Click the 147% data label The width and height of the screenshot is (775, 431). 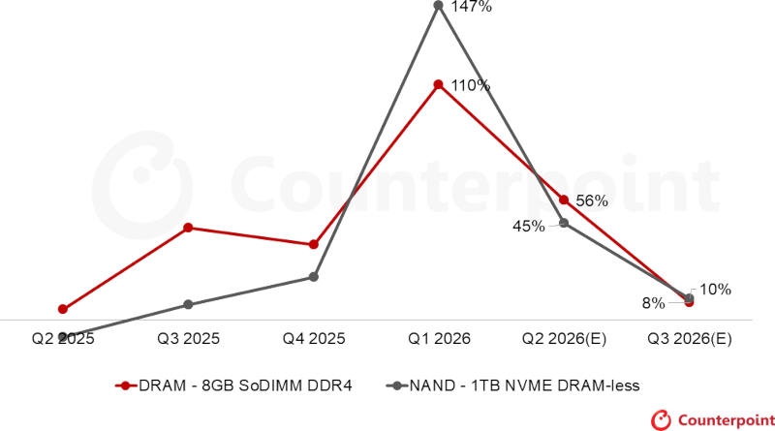472,8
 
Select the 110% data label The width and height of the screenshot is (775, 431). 471,85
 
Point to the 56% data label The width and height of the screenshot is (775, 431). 591,201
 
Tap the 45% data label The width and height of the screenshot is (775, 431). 528,226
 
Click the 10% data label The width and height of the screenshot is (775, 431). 715,289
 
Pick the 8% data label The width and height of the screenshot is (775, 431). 653,303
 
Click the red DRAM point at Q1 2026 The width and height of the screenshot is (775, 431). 439,84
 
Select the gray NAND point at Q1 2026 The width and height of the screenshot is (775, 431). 439,5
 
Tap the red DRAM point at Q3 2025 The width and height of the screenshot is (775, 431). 188,228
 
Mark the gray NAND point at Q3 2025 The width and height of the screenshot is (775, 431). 188,304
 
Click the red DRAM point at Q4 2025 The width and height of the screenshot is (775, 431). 314,245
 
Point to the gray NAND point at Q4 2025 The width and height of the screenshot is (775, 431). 314,277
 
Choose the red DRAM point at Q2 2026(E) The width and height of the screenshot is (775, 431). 564,200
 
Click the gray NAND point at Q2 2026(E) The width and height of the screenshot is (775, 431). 564,224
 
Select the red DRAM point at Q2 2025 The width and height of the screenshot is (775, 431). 63,309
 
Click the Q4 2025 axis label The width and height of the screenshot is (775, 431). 314,339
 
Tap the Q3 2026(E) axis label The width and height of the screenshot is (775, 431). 690,339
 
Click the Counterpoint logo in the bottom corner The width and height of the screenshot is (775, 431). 712,419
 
